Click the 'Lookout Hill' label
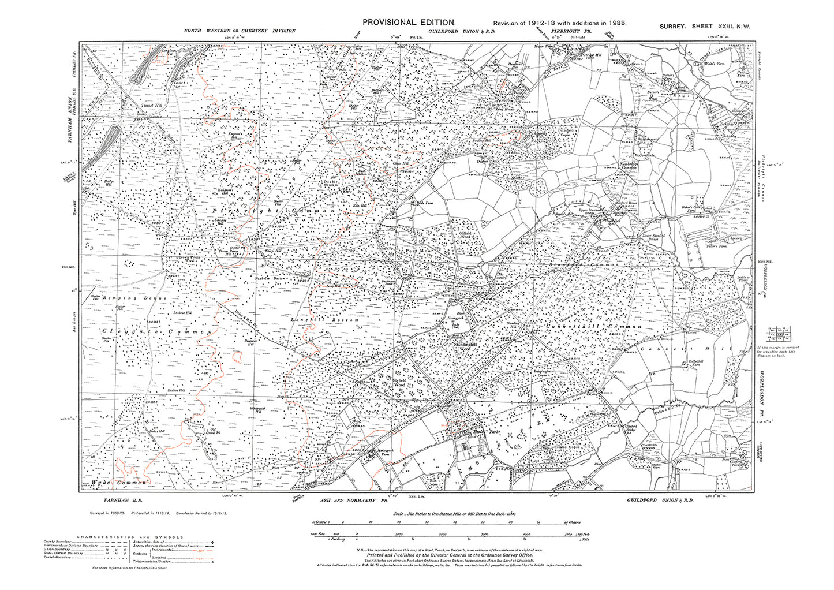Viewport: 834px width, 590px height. [x=182, y=312]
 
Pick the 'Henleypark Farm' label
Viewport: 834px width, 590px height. [x=373, y=450]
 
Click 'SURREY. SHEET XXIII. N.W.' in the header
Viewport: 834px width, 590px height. [x=705, y=27]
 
